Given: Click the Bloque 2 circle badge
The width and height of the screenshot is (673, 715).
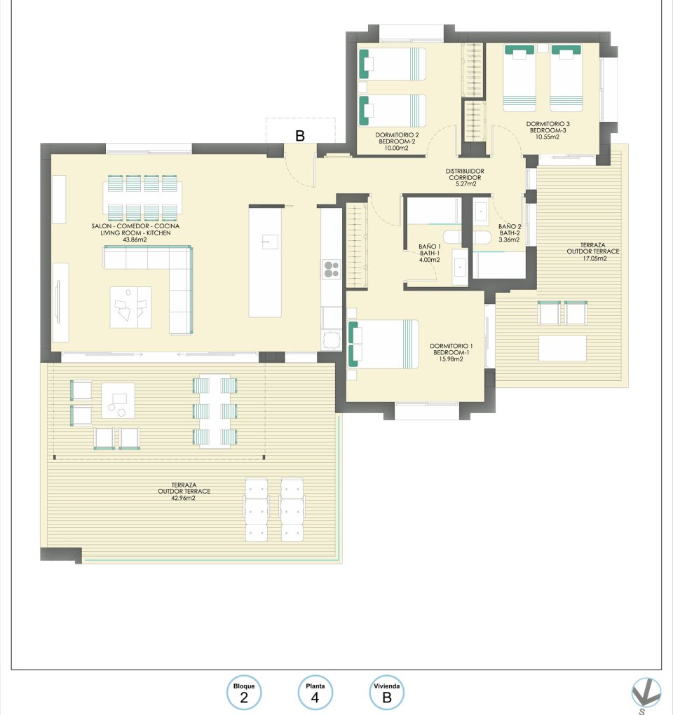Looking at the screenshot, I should (244, 693).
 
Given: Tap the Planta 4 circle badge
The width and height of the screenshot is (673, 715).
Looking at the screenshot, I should (315, 693).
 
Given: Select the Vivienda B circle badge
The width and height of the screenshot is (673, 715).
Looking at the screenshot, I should (386, 693).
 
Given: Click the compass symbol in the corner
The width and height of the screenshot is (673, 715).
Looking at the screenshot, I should (645, 694).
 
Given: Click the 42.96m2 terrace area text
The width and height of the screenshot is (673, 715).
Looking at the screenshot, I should (184, 499).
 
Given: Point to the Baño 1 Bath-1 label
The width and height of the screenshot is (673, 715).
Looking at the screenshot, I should (430, 253).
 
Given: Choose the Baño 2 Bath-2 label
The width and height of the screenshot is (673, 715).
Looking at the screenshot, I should (509, 233).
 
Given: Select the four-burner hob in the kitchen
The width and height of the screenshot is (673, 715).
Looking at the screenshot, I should (331, 270).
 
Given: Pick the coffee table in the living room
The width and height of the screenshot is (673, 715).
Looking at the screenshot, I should (130, 307).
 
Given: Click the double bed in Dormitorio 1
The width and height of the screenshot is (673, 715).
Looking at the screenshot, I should (383, 344).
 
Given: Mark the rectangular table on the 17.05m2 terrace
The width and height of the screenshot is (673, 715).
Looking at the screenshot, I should (562, 348).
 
